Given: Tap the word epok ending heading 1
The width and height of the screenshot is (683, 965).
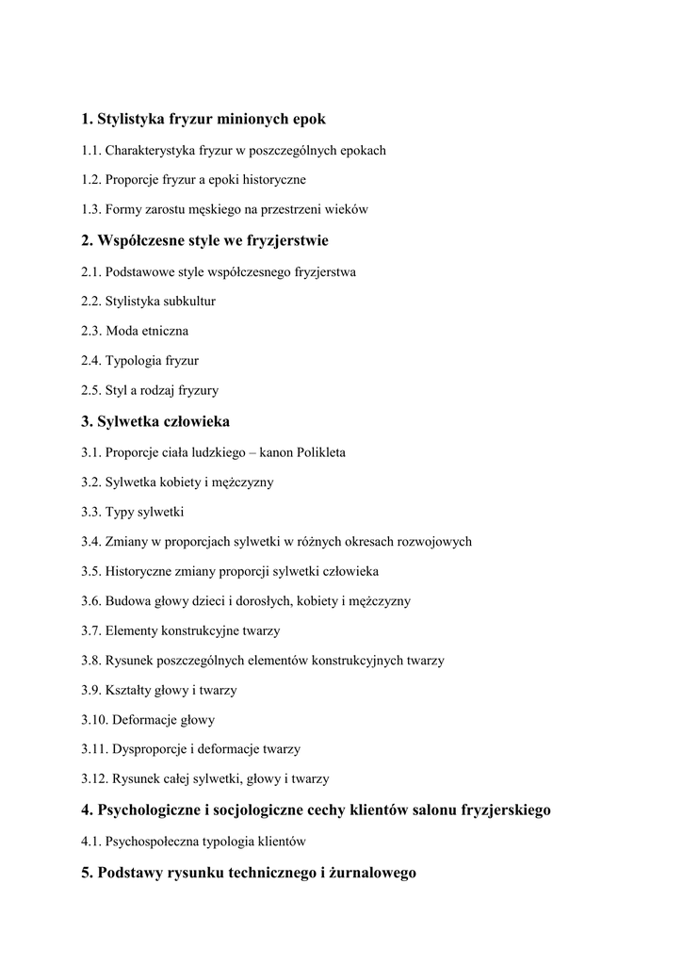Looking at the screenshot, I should point(309,120).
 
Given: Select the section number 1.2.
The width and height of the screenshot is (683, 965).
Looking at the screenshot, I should point(90,179).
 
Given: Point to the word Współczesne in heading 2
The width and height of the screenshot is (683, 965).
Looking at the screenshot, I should point(140,241).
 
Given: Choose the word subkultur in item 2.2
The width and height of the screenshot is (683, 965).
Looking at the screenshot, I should point(189,302).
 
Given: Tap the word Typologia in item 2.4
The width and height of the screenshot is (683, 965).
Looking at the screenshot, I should point(134,361).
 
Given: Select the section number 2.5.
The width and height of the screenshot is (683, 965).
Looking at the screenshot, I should point(90,390).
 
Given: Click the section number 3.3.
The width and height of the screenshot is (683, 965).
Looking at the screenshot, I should point(90,512).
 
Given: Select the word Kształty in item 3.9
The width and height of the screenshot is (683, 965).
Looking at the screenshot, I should point(129,690).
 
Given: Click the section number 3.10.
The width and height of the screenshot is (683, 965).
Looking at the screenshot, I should point(94,720).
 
